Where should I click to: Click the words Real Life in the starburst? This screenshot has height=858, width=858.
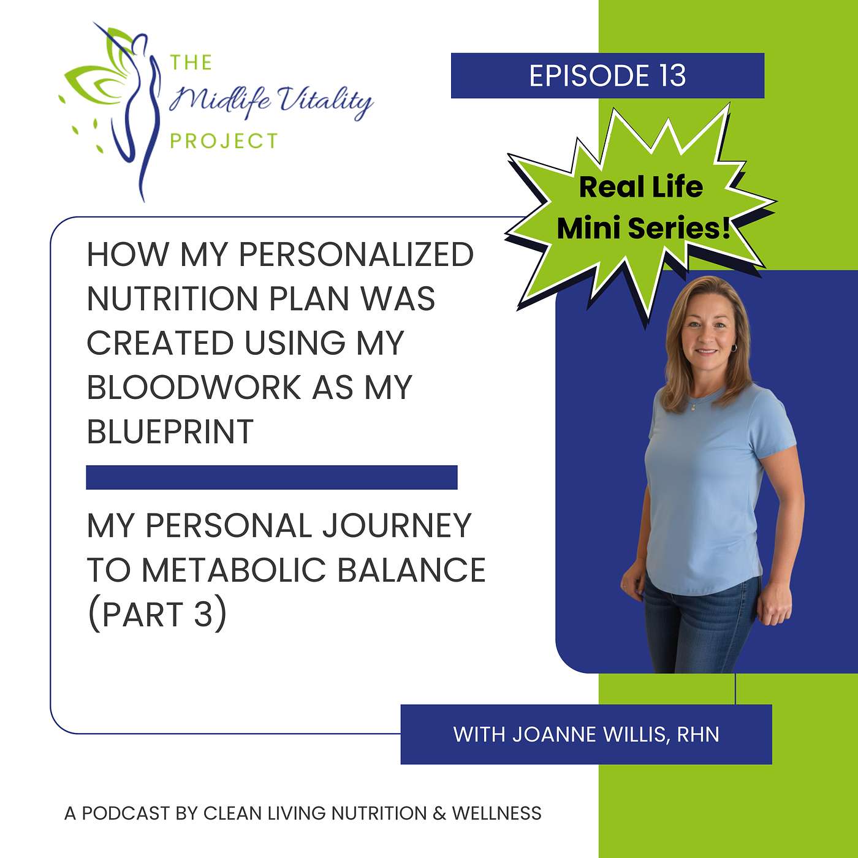click(640, 187)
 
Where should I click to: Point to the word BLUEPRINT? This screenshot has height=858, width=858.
click(170, 431)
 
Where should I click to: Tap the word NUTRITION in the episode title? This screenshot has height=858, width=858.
click(172, 299)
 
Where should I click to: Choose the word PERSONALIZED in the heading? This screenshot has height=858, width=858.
click(356, 254)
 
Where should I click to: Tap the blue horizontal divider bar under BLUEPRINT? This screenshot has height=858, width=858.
click(271, 477)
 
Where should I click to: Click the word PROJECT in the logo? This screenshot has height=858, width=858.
click(224, 141)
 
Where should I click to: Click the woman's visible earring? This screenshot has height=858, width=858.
click(733, 347)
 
